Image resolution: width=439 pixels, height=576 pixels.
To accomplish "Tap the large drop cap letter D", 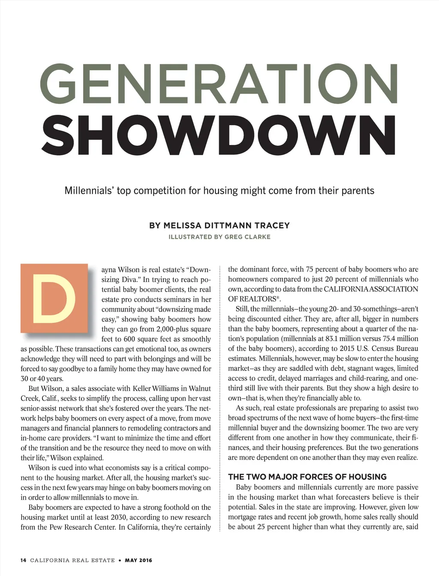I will pyautogui.click(x=54, y=299).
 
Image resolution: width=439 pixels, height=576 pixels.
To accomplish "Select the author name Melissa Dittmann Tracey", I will pyautogui.click(x=219, y=225).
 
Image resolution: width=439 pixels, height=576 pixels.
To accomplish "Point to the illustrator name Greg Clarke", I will pyautogui.click(x=247, y=237).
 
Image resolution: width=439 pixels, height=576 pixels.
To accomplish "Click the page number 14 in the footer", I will pyautogui.click(x=23, y=560).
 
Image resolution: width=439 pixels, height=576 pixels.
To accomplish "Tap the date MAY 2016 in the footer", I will pyautogui.click(x=138, y=560).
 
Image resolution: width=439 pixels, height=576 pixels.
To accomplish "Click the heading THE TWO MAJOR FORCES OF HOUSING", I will pyautogui.click(x=307, y=477).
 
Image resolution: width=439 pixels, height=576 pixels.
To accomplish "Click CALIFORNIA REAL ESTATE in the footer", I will pyautogui.click(x=72, y=560).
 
